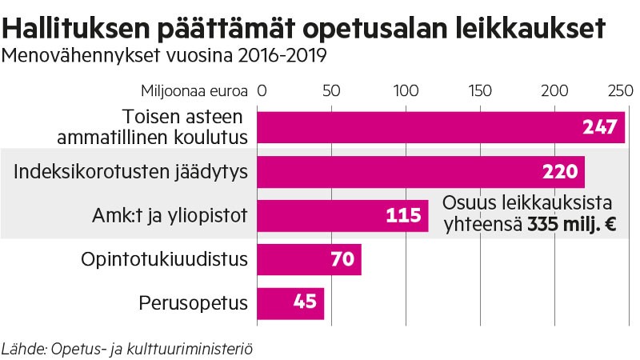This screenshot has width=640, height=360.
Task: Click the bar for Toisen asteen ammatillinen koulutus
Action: (440, 127)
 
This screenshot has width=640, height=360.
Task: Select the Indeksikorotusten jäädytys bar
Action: (420, 171)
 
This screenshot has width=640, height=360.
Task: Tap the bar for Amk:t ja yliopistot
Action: (342, 215)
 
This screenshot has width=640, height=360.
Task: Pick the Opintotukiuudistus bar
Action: (309, 259)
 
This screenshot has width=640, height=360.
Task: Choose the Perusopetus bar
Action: (290, 303)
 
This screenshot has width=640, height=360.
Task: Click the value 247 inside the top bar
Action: (600, 127)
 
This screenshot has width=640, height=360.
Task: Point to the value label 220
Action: (560, 171)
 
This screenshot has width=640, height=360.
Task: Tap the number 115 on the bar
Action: (403, 215)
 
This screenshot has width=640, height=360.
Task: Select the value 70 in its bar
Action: (342, 259)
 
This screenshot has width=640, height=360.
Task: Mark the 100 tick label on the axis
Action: (406, 90)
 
